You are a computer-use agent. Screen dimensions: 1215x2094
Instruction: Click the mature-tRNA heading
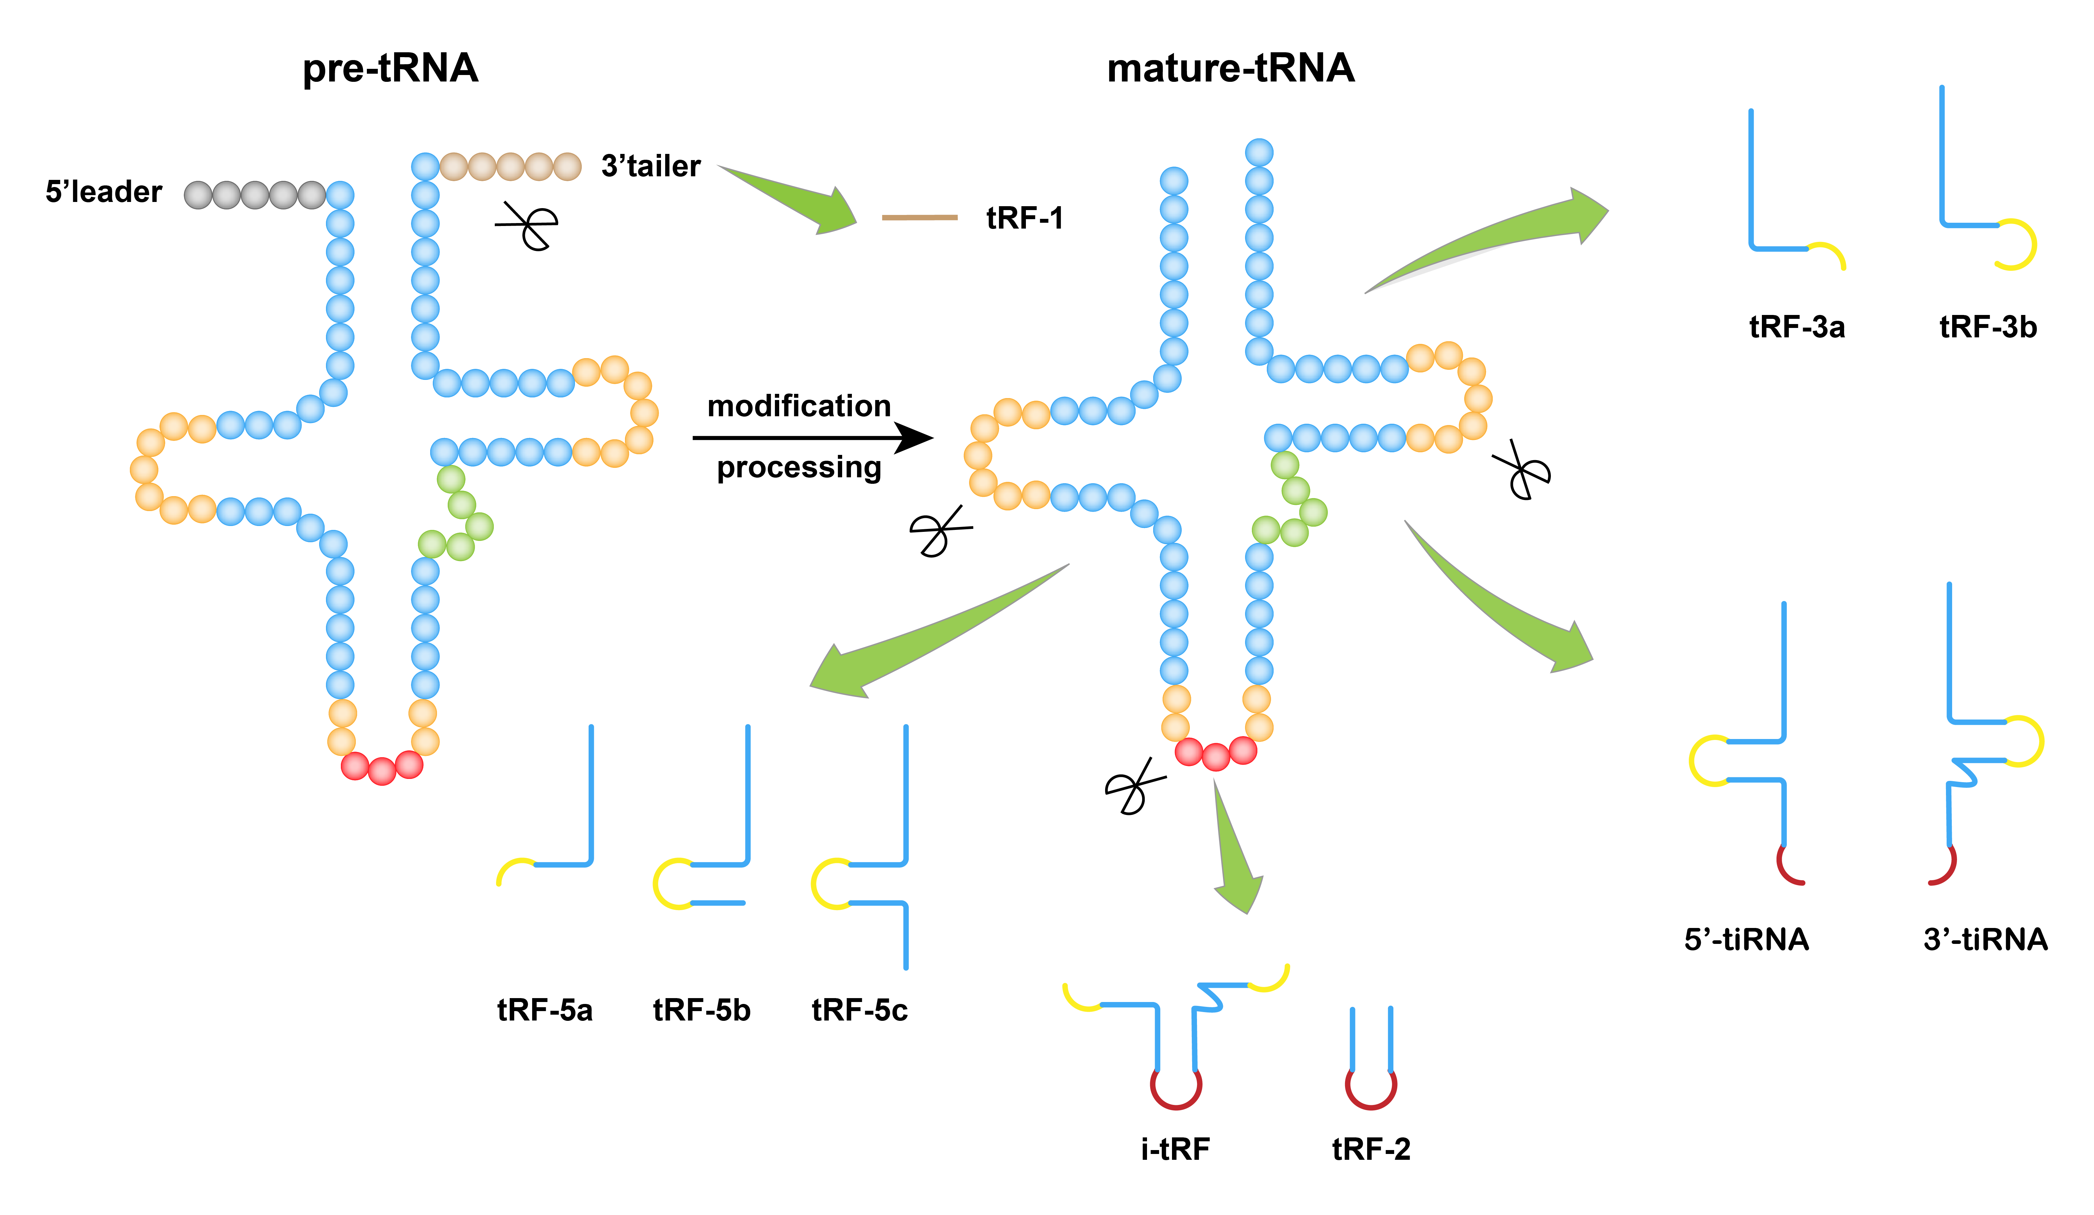point(1231,68)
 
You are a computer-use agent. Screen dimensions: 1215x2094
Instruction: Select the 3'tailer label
point(651,166)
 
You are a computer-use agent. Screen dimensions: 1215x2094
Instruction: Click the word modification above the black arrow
point(799,407)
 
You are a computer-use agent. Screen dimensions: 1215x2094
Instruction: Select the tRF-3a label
point(1797,327)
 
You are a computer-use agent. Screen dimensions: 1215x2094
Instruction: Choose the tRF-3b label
point(1988,327)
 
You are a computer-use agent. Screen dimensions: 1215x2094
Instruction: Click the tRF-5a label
point(544,1010)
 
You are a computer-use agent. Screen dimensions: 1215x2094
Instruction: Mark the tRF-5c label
point(859,1010)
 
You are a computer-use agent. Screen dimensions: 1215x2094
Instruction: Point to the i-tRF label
point(1175,1149)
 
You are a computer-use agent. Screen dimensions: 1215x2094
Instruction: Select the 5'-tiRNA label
point(1746,940)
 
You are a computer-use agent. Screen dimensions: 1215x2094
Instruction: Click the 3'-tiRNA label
point(1985,940)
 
